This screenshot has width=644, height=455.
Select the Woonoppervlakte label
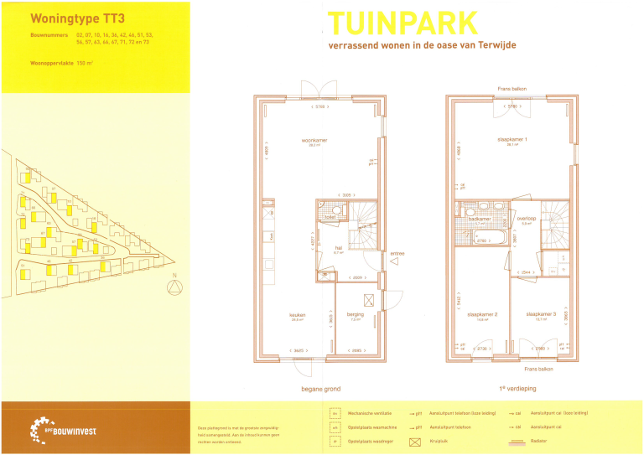click(x=51, y=63)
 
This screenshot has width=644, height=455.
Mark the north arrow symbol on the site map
click(x=174, y=287)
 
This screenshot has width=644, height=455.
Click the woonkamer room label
click(x=314, y=140)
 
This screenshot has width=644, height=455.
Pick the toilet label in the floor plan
click(x=329, y=217)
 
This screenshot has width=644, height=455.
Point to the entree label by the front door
click(x=397, y=253)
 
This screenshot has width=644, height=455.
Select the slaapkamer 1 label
click(x=511, y=139)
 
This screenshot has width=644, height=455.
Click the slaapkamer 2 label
click(x=482, y=315)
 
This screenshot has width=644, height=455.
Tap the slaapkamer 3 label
click(x=541, y=315)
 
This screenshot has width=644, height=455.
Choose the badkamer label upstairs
click(x=480, y=220)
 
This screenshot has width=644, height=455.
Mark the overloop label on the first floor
click(x=527, y=219)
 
